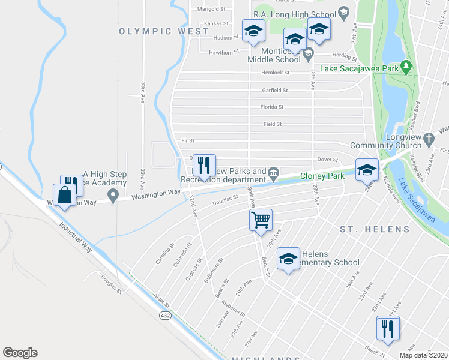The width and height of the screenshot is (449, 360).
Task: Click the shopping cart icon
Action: (261, 220)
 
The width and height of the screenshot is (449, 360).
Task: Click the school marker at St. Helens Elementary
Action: (288, 259)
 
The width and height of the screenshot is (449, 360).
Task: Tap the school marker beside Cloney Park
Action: (366, 170)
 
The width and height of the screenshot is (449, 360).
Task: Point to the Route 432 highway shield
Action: (165, 315)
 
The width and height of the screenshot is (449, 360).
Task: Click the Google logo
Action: (20, 353)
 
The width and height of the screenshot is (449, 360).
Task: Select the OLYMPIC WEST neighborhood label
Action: (155, 31)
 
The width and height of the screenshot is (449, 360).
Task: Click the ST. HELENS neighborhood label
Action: (375, 229)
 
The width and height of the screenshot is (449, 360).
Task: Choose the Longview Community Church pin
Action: (428, 139)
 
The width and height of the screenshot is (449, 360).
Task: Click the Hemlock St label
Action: (275, 73)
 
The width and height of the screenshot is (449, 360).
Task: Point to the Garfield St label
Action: (274, 91)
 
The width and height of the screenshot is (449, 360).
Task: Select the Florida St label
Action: (272, 107)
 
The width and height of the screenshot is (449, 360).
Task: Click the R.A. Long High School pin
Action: (343, 11)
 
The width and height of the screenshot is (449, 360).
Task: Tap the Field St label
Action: (272, 124)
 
